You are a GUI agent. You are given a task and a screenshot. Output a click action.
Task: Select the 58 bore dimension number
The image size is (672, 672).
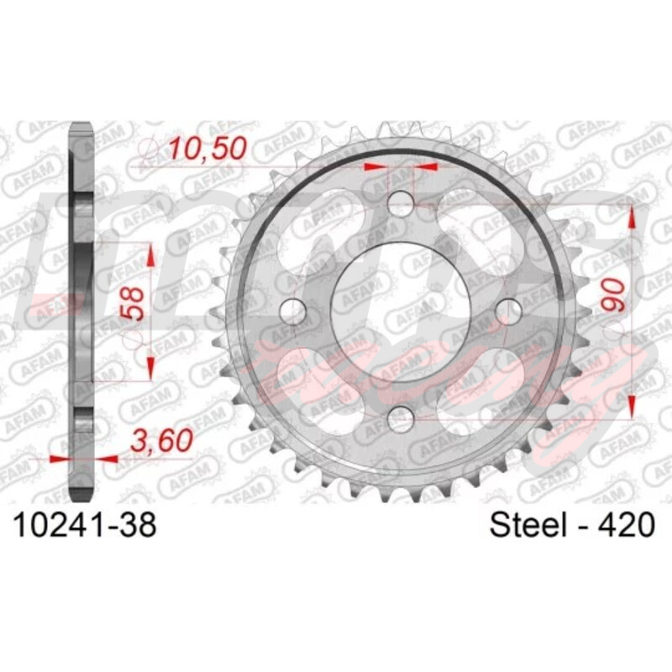tap(132, 303)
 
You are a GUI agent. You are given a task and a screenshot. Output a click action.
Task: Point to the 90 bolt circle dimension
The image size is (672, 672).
tap(613, 295)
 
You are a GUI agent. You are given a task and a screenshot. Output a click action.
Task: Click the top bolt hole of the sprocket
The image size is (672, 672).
tap(401, 202)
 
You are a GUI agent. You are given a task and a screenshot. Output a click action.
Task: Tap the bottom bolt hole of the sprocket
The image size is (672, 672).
tap(401, 418)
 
